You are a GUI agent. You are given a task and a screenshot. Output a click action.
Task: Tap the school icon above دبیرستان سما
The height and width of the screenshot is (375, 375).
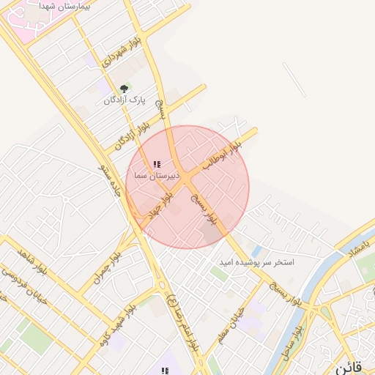(x=156, y=165)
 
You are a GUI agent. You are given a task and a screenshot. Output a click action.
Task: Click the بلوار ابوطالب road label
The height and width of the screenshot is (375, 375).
(x=223, y=156)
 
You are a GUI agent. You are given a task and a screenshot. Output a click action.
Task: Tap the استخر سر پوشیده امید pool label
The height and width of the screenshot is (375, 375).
(x=256, y=261)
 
